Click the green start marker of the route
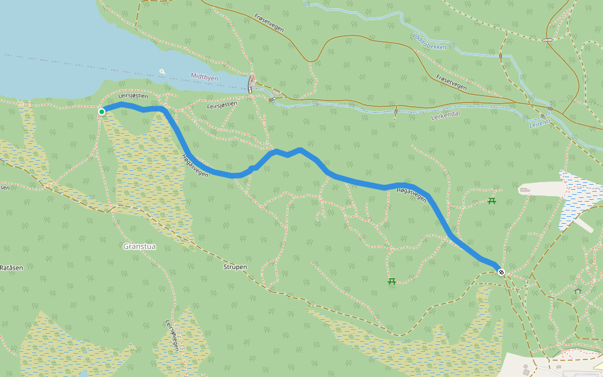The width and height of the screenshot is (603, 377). click(x=102, y=112)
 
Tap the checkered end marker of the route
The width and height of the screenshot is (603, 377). click(x=501, y=271)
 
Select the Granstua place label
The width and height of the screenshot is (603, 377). click(x=140, y=246)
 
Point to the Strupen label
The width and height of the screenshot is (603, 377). click(x=235, y=267)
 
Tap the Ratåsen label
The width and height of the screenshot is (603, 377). click(x=11, y=268)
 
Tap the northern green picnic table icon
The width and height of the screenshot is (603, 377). click(x=492, y=201)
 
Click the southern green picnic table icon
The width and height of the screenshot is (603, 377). click(x=392, y=281)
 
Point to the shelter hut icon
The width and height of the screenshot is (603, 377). click(x=577, y=290)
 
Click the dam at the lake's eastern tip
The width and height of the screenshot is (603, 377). click(x=252, y=84)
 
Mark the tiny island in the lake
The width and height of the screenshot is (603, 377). click(x=163, y=72)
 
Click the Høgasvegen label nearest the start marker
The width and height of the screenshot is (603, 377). click(x=195, y=165)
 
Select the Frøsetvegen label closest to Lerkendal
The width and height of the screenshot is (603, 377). click(x=451, y=82)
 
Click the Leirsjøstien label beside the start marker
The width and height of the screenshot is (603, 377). click(x=133, y=96)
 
